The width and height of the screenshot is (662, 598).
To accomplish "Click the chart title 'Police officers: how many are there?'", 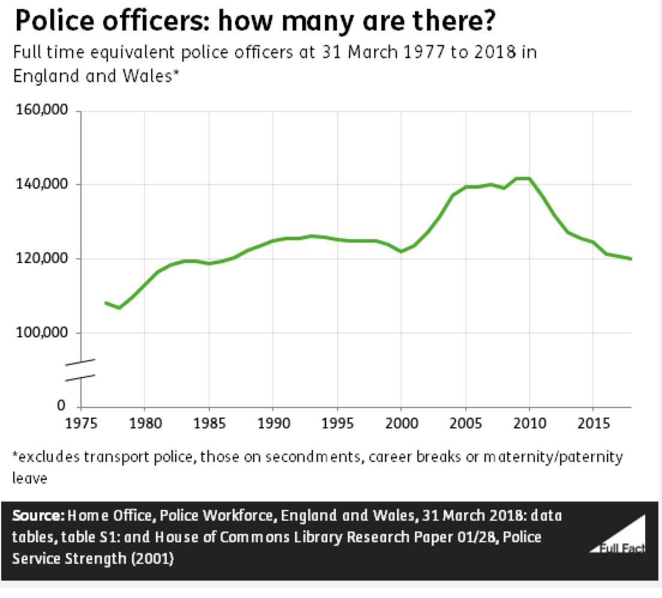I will tap(254, 22).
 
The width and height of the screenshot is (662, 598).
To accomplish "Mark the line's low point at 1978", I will tap(119, 308).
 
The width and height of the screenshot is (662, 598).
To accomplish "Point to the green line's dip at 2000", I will tap(401, 251).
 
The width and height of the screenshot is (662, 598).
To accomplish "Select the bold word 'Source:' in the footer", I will tap(38, 516).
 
